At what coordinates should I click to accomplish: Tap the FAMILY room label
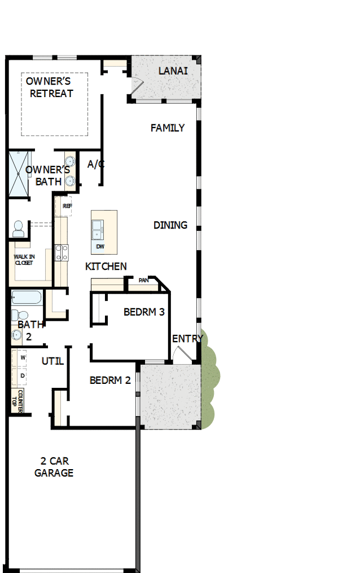168,128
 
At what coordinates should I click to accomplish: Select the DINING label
170,225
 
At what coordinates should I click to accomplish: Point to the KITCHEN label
106,266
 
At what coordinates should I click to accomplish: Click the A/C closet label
96,164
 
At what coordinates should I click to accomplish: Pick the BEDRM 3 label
144,312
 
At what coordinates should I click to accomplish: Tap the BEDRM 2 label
110,380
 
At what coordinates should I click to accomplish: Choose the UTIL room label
52,361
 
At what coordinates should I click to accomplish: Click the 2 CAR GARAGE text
54,467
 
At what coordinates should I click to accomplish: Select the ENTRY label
187,339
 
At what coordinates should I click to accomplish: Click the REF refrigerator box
67,206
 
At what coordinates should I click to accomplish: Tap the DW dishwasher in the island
100,247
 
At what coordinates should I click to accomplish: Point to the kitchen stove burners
62,252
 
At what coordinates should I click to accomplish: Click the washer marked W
23,358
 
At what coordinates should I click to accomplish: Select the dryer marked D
23,375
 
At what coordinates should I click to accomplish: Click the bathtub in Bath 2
27,298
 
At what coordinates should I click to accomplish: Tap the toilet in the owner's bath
19,228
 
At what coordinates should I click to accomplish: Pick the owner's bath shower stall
18,173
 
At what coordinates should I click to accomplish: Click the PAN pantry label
143,280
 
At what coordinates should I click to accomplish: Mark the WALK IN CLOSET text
24,260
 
